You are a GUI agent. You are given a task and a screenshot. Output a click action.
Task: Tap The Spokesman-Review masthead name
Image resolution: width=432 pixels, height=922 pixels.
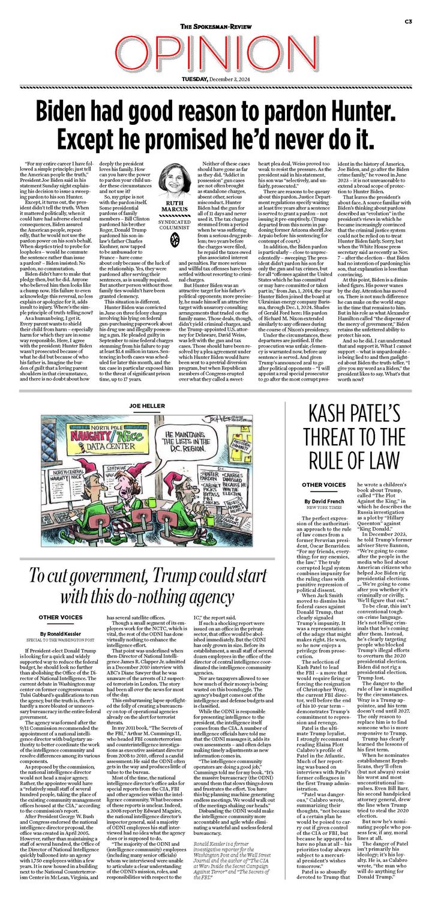(x=215, y=27)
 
